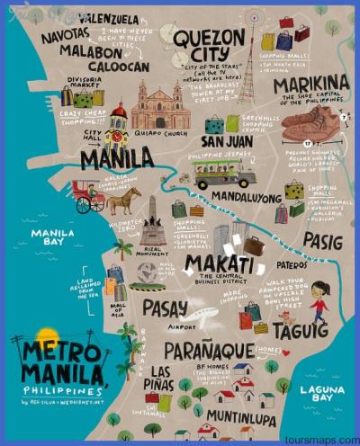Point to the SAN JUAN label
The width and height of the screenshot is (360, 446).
(x=226, y=141)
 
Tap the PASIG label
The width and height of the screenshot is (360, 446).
(x=321, y=240)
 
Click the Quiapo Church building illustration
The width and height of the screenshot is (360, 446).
(x=161, y=107)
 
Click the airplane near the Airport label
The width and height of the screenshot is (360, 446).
(x=203, y=317)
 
